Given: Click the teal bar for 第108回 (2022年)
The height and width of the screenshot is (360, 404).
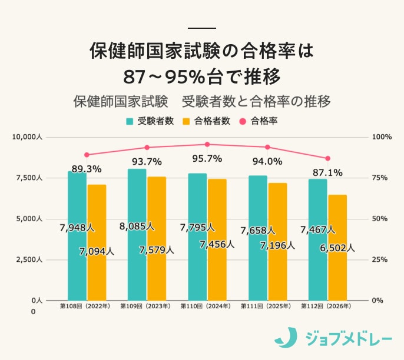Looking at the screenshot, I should point(77,235).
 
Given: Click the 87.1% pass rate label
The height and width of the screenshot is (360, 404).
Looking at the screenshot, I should point(327,172).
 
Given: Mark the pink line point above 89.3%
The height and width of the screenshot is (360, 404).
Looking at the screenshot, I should point(87,155).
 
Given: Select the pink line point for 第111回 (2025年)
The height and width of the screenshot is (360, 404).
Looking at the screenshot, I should point(267,147).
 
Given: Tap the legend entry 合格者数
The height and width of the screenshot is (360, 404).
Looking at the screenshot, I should point(206,121).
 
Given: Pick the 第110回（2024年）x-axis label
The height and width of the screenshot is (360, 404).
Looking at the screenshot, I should point(207,306).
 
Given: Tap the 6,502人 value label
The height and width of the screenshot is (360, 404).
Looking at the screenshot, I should point(337,248).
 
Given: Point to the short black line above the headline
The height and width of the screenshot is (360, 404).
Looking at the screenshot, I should point(202,28).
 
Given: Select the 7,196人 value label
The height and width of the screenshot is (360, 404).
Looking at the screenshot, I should point(277,245).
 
